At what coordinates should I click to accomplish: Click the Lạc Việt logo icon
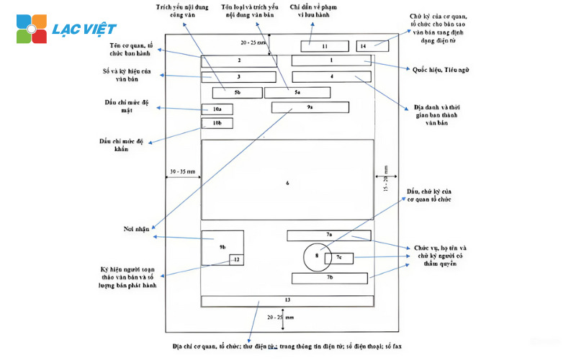click(x=32, y=28)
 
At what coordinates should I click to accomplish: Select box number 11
click(x=315, y=46)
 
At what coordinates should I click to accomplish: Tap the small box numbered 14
click(x=372, y=46)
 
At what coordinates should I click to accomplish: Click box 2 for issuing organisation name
click(x=238, y=61)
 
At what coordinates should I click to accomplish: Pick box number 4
click(x=332, y=76)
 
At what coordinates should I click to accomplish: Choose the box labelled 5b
click(x=237, y=92)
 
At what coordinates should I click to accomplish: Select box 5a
click(x=297, y=92)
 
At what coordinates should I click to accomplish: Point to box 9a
click(x=310, y=107)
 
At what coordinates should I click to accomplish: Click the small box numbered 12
click(x=236, y=259)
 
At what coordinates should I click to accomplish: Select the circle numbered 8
click(x=317, y=256)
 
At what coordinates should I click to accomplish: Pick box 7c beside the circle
click(x=339, y=258)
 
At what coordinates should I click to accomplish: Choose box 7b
click(x=330, y=277)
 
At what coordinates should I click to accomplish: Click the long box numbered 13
click(x=287, y=300)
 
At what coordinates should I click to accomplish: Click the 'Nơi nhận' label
click(x=135, y=229)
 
